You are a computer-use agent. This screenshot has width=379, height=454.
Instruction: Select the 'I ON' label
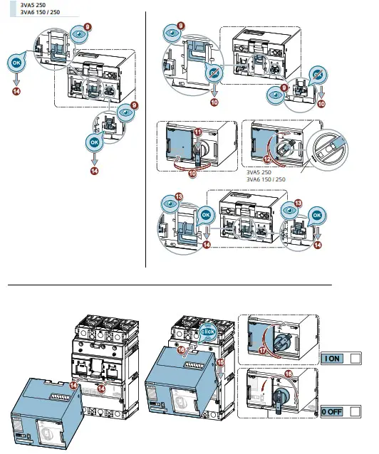pos(333,359)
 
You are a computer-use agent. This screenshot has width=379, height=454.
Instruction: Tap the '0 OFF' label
pos(333,411)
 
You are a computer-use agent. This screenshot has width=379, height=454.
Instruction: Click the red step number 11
pos(198,133)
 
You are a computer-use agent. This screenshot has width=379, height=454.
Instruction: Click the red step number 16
pos(202,350)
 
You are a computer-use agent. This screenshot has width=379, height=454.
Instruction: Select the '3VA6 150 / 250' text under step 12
pos(265,179)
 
